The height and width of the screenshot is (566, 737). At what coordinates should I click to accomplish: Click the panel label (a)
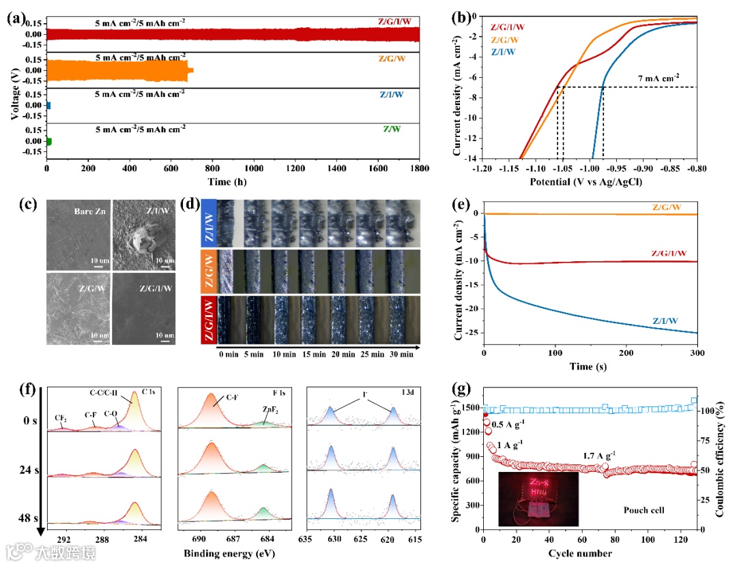click(16, 18)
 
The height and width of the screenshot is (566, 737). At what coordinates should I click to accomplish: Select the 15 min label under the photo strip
click(310, 355)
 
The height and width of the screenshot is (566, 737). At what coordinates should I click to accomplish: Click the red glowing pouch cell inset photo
click(538, 498)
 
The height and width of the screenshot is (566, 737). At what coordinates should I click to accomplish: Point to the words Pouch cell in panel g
click(645, 510)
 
